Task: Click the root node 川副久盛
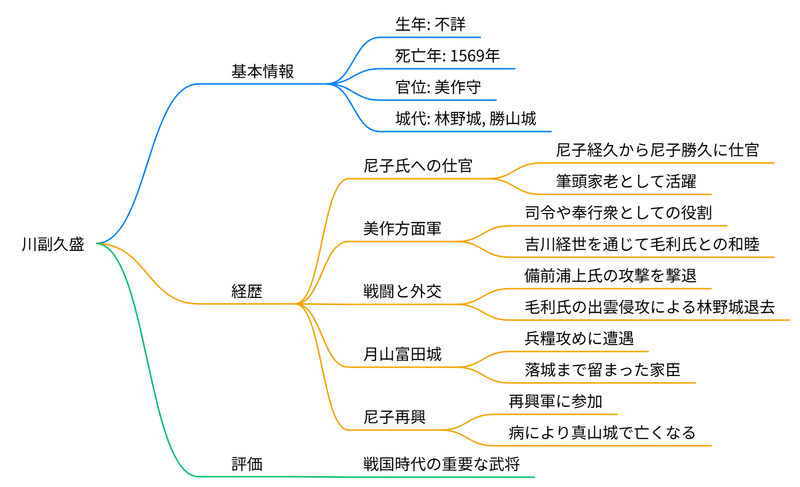53,244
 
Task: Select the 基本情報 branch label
263,72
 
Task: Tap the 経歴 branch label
247,292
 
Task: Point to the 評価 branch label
247,464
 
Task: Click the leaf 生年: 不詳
430,25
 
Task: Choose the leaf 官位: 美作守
438,87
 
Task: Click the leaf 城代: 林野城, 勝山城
466,119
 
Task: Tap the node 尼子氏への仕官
418,166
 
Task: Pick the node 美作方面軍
402,229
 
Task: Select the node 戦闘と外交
402,292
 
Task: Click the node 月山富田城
402,354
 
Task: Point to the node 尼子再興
395,417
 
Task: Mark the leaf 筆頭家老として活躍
626,182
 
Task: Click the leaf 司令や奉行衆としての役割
618,213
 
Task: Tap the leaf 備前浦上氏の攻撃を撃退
611,276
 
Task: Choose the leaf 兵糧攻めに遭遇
579,339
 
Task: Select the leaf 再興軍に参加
556,402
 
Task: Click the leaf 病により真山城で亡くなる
602,433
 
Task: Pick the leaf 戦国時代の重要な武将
441,464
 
